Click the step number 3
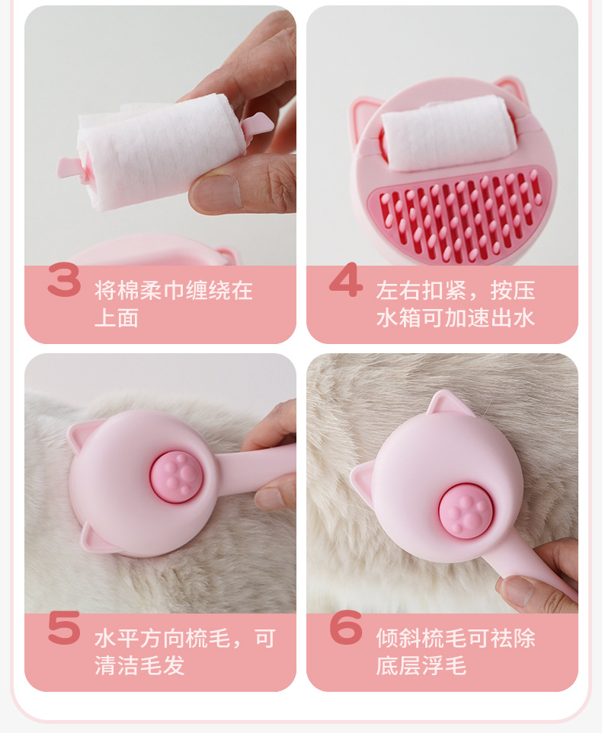point(64,281)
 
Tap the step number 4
point(346,281)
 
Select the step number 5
point(64,629)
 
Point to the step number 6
point(346,629)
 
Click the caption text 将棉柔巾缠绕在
point(174,291)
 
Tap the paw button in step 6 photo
point(466,511)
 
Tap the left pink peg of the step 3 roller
point(71,167)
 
